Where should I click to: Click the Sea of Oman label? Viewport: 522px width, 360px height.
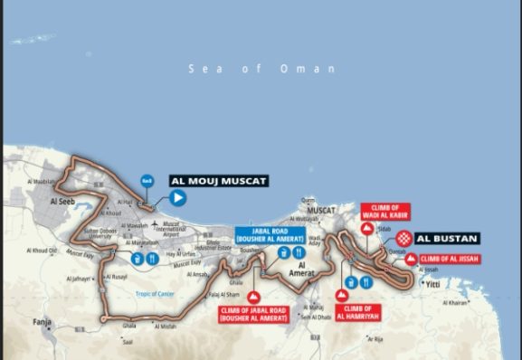(261, 69)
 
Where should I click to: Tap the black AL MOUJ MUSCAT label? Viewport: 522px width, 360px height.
(218, 181)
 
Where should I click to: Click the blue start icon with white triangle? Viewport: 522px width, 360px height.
(178, 196)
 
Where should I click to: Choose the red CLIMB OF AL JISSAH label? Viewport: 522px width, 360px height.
(449, 259)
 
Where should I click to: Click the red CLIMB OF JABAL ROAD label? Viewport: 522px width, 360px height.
(253, 314)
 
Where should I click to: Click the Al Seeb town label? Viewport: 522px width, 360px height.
(65, 202)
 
